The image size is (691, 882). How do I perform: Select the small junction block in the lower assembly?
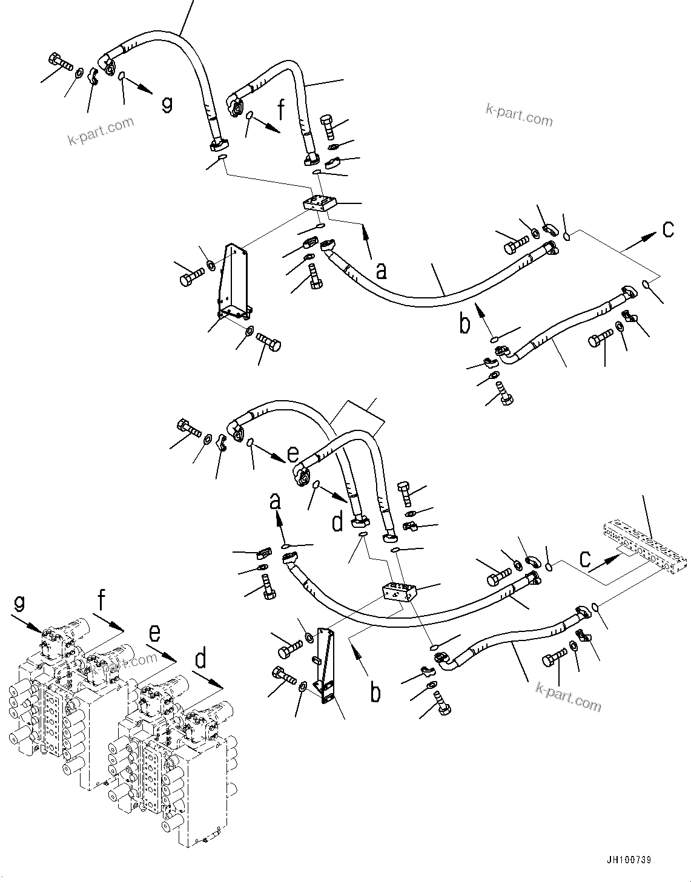point(397,591)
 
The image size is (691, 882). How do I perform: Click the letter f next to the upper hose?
point(280,111)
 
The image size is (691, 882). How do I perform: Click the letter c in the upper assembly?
point(667,229)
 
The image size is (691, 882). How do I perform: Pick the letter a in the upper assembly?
point(380,271)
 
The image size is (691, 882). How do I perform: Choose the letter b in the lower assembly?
point(375,693)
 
